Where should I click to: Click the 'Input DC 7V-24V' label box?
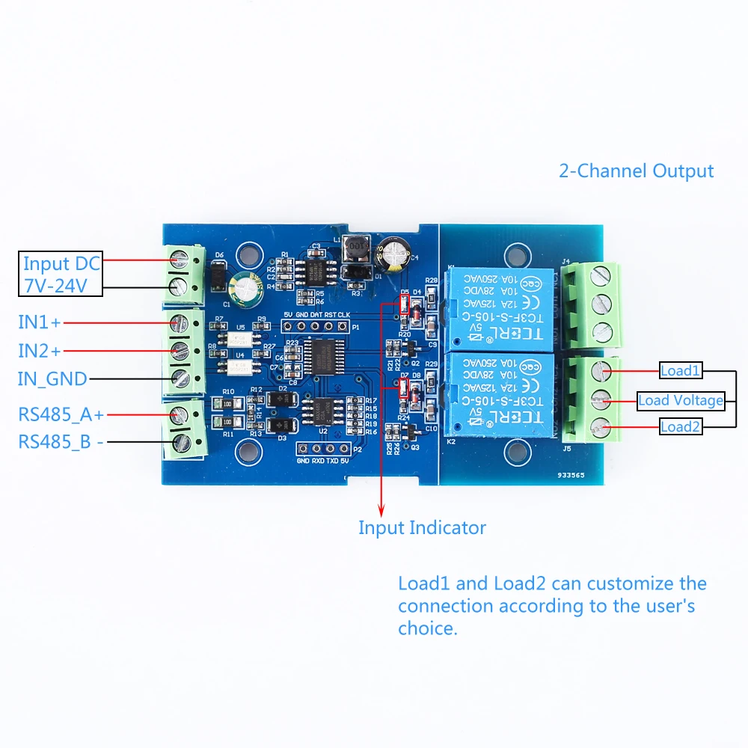click(60, 275)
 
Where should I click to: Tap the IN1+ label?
click(40, 322)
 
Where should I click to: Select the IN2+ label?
click(40, 349)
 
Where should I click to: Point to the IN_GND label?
click(52, 378)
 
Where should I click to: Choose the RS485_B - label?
click(61, 442)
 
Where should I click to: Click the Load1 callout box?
click(680, 370)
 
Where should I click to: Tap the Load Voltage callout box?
click(680, 400)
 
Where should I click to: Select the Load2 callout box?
click(680, 427)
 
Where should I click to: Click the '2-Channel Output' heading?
click(636, 171)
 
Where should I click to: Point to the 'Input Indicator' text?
click(422, 528)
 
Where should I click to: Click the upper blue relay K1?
click(499, 309)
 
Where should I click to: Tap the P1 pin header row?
click(317, 327)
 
